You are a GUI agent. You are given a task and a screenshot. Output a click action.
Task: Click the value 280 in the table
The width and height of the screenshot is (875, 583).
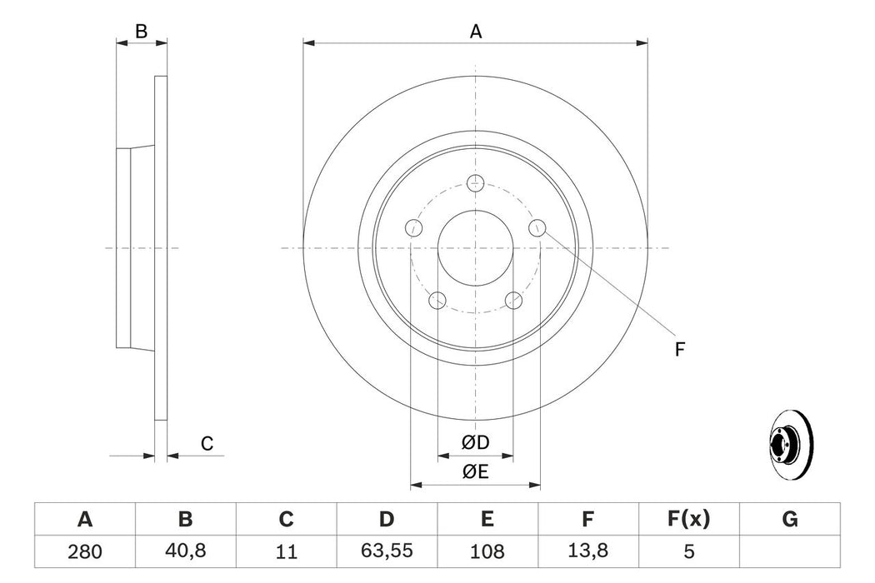tap(84, 551)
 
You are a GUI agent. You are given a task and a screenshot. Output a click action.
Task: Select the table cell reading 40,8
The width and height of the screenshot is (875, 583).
tap(185, 551)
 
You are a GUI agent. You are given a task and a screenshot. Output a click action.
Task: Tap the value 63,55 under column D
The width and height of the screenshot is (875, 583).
tap(387, 551)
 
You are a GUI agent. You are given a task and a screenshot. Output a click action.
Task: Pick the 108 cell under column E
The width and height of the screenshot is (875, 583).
tap(487, 551)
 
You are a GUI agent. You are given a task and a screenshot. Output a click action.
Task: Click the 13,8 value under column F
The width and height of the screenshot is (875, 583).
tap(588, 551)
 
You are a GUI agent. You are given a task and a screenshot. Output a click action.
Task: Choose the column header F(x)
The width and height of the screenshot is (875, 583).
tap(689, 520)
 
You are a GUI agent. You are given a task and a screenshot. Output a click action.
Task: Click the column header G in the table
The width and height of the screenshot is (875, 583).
tap(790, 520)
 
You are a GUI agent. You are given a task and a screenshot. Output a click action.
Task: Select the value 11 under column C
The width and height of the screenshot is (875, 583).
tap(286, 551)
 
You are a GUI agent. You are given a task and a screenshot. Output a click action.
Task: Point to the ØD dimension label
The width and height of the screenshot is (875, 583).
tap(476, 442)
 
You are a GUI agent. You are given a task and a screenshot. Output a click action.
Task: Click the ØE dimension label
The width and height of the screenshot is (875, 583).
tap(476, 472)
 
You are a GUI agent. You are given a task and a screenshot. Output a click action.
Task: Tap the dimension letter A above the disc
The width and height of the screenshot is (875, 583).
tap(476, 32)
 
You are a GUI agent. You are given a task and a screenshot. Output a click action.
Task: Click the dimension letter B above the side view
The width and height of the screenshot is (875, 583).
tap(142, 32)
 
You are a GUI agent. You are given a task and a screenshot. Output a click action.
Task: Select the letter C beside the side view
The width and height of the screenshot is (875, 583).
tap(207, 445)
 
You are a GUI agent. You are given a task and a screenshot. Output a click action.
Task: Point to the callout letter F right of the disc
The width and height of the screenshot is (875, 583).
tap(679, 351)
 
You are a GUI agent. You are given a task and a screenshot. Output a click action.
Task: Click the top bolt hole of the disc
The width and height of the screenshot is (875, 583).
tap(476, 182)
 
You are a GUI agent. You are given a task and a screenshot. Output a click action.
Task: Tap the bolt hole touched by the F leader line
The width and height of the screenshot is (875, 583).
tap(538, 227)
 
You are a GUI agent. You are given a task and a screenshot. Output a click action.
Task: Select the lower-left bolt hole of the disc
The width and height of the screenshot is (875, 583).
tap(437, 300)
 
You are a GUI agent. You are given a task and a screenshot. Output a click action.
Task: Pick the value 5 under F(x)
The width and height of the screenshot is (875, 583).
tap(689, 551)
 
